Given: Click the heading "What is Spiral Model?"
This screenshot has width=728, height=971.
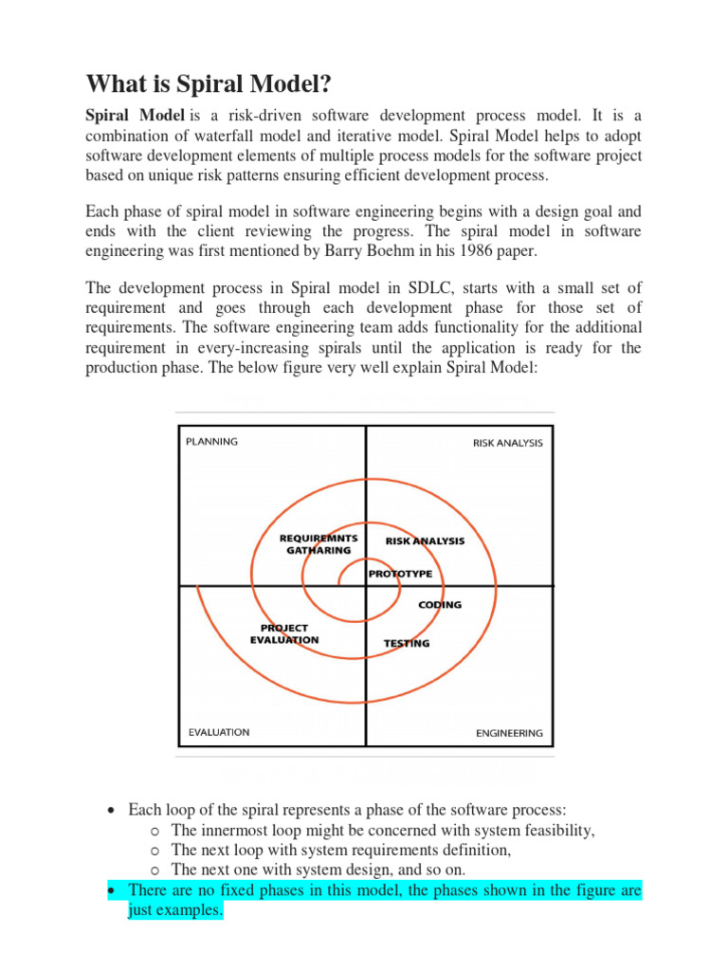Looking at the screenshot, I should tap(209, 84).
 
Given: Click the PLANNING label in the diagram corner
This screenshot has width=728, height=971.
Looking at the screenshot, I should tap(211, 441).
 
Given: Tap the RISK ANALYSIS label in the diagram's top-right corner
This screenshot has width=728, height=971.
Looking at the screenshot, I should tap(508, 443).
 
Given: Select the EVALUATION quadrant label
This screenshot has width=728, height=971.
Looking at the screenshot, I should tap(218, 731).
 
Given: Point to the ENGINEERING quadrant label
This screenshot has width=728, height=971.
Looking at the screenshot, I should tap(509, 732).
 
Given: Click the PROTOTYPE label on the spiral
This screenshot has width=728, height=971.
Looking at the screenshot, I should tap(400, 573).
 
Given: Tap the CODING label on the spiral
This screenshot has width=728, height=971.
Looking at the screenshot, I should tap(440, 605).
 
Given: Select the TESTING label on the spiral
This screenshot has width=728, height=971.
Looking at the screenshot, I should tap(406, 643).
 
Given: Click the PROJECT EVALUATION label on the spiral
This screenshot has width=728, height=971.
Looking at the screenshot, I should tap(284, 633).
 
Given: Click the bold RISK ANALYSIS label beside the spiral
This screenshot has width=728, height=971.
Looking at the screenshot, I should tap(425, 540).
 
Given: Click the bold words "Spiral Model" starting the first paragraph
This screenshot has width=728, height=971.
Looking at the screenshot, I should tap(136, 115).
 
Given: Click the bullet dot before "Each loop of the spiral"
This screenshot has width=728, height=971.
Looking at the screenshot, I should tap(112, 811).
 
